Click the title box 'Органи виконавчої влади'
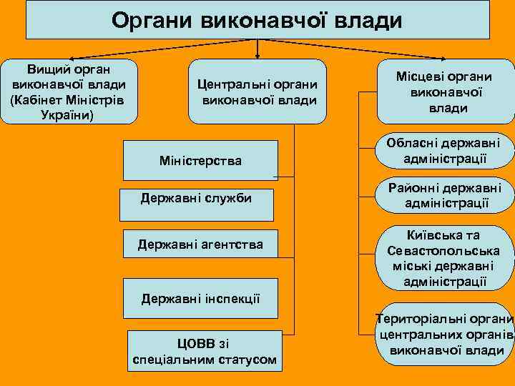click(257, 19)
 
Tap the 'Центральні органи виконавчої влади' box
click(257, 92)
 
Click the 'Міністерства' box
click(200, 161)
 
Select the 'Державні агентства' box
click(200, 245)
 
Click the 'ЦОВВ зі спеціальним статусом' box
click(205, 350)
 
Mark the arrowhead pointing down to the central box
click(257, 55)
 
